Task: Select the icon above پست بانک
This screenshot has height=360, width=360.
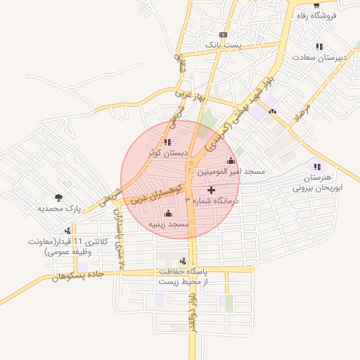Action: (224, 34)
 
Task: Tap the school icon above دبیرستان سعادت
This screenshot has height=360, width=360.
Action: (319, 46)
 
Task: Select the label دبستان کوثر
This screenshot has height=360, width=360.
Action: (167, 152)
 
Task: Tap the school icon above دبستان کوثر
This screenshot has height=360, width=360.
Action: (167, 142)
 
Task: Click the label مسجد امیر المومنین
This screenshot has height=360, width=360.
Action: (231, 172)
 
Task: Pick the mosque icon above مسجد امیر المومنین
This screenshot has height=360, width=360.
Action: (231, 161)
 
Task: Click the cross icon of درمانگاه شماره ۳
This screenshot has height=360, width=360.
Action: (212, 190)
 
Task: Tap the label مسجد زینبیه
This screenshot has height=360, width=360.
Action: (169, 224)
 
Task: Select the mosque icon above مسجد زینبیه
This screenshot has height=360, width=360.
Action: (168, 214)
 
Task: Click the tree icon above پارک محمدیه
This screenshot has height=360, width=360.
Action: (58, 198)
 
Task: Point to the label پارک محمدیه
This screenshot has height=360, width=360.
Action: (60, 209)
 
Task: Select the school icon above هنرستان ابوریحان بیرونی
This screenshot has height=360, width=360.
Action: (317, 167)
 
